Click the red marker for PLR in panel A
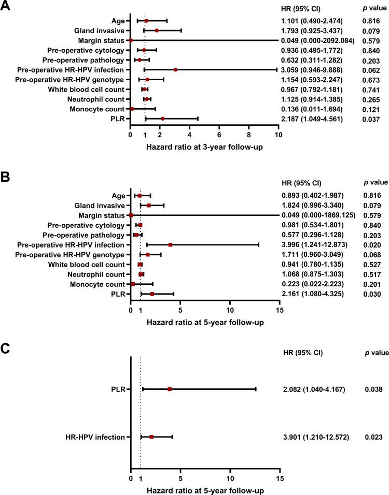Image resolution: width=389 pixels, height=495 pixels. pyautogui.click(x=162, y=119)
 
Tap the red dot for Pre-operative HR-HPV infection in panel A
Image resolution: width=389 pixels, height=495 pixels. pyautogui.click(x=175, y=69)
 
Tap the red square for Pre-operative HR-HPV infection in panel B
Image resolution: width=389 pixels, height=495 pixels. pyautogui.click(x=170, y=245)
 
